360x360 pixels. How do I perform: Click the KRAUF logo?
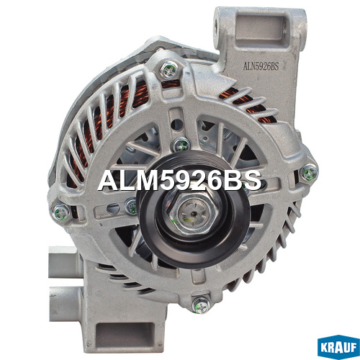(338, 347)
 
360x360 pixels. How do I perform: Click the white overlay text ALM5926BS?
(179, 181)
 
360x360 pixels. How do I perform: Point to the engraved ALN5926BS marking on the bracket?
(261, 66)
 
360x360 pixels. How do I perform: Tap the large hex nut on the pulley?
(194, 213)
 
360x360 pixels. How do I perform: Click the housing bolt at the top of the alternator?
(168, 70)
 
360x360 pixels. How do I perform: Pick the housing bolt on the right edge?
(309, 172)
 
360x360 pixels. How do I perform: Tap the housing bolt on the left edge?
(60, 212)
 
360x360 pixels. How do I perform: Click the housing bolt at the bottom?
(201, 305)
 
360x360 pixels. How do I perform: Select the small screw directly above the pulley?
(181, 145)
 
